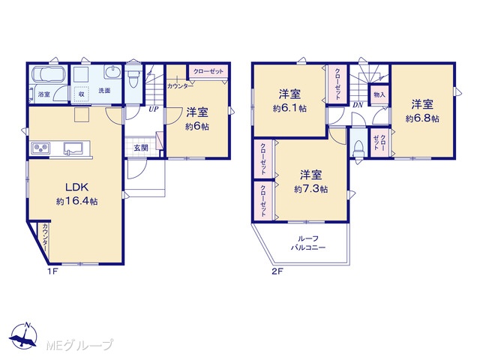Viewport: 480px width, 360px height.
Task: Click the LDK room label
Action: (x=76, y=187)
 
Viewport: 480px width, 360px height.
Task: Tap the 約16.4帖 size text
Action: (x=76, y=201)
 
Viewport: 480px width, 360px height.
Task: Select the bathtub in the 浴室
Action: (x=48, y=74)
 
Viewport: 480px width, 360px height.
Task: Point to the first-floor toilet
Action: (x=133, y=77)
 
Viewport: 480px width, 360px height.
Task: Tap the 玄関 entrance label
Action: (x=141, y=148)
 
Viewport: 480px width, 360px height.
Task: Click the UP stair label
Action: (x=153, y=109)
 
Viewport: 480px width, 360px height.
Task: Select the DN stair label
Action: (x=358, y=105)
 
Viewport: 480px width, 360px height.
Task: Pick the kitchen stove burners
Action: (x=40, y=148)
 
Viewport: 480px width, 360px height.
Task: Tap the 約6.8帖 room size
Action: (x=422, y=118)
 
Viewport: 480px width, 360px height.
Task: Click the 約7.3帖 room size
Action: (x=310, y=189)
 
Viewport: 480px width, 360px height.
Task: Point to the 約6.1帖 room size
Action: (x=289, y=108)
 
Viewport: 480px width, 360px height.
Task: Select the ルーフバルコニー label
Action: (x=308, y=243)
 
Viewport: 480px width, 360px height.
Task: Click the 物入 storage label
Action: (x=379, y=94)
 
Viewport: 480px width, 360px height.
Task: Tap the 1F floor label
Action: (x=52, y=271)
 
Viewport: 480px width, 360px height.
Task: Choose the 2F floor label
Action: (x=277, y=271)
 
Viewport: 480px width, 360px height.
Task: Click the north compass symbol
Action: (x=24, y=336)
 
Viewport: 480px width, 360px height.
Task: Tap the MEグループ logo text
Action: (x=79, y=345)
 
